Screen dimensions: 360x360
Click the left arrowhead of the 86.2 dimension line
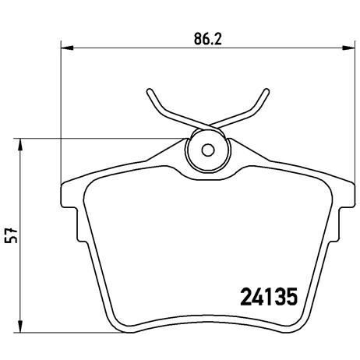(x=65, y=49)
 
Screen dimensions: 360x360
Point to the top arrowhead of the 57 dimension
(x=21, y=143)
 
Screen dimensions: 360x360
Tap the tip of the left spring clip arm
(x=149, y=90)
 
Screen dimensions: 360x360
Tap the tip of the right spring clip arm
(x=269, y=90)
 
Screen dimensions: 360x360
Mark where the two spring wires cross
(x=208, y=128)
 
